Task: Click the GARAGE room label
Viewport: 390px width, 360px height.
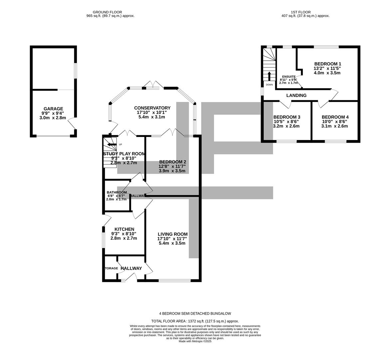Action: pos(53,109)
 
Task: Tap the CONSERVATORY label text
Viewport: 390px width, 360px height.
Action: pos(152,108)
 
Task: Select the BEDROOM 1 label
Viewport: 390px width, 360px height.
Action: pos(328,64)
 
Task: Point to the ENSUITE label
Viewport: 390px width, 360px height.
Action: pos(288,76)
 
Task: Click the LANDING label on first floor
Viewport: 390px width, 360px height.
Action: pos(296,95)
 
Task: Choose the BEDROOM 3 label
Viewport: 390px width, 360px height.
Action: pos(286,117)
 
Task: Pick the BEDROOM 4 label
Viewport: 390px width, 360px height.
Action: pos(335,117)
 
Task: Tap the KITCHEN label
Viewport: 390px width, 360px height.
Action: pos(124,229)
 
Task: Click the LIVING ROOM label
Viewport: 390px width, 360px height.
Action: pos(173,234)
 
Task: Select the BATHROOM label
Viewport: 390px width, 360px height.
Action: pos(117,192)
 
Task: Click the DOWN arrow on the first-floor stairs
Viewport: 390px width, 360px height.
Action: pos(269,76)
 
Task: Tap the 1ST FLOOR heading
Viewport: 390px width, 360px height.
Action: pos(305,12)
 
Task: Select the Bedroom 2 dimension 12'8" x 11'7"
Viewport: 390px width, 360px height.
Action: pos(172,166)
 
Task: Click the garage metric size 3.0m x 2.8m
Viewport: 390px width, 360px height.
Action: pos(53,118)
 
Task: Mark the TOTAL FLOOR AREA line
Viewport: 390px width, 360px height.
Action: pos(195,321)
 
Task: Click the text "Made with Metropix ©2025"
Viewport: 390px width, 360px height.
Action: pos(195,341)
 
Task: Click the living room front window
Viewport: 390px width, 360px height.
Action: pos(174,280)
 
